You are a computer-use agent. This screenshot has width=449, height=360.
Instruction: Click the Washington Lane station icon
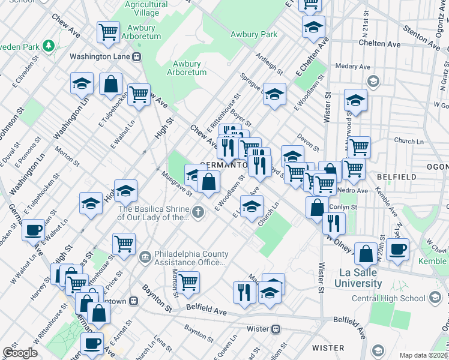(137, 57)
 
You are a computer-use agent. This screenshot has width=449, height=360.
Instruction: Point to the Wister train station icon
(276, 329)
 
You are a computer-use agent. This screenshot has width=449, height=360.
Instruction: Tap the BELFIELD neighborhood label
(396, 177)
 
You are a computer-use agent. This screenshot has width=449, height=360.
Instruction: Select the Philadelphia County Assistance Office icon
(145, 257)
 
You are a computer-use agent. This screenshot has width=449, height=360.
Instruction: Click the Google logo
(20, 353)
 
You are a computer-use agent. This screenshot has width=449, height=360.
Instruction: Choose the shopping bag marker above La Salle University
(366, 254)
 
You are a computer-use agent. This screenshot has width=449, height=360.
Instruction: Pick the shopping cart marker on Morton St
(188, 281)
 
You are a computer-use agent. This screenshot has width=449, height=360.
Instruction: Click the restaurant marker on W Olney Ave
(334, 223)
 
